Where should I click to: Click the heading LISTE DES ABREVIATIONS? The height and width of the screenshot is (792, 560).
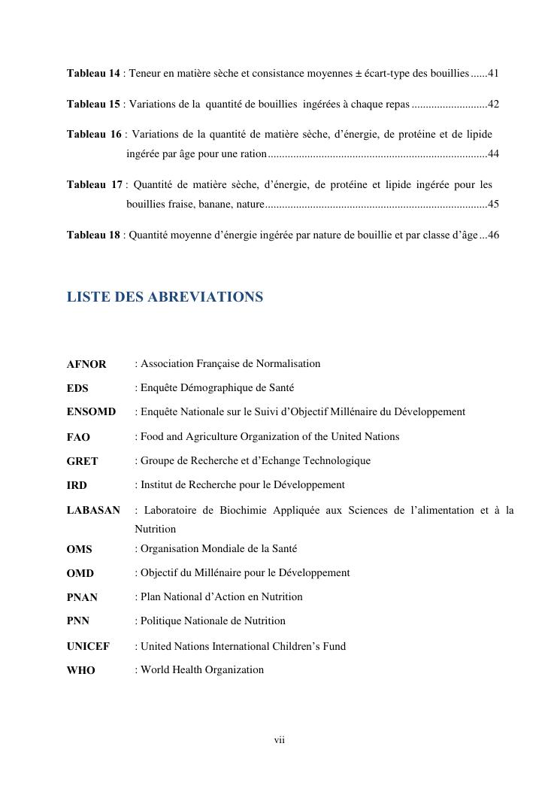pyautogui.click(x=165, y=297)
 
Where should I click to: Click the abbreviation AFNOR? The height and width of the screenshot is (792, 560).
pyautogui.click(x=86, y=364)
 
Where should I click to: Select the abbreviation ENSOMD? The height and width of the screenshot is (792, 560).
pyautogui.click(x=91, y=412)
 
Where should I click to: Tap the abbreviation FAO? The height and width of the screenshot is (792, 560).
pyautogui.click(x=78, y=437)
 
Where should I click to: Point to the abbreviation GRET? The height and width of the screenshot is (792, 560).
pyautogui.click(x=82, y=461)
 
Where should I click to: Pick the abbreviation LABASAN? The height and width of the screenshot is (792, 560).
pyautogui.click(x=93, y=510)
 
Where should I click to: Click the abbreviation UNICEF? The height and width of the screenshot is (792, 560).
pyautogui.click(x=88, y=646)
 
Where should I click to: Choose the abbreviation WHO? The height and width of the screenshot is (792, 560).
pyautogui.click(x=80, y=670)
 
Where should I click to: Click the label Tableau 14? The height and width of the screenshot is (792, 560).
pyautogui.click(x=93, y=74)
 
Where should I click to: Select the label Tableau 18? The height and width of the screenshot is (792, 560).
pyautogui.click(x=93, y=235)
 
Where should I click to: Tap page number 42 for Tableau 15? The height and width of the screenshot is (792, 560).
pyautogui.click(x=494, y=104)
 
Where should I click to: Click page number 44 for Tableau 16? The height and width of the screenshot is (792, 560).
pyautogui.click(x=494, y=154)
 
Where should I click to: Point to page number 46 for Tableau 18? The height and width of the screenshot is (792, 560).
pyautogui.click(x=494, y=235)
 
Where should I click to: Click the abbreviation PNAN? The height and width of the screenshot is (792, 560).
pyautogui.click(x=82, y=597)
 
